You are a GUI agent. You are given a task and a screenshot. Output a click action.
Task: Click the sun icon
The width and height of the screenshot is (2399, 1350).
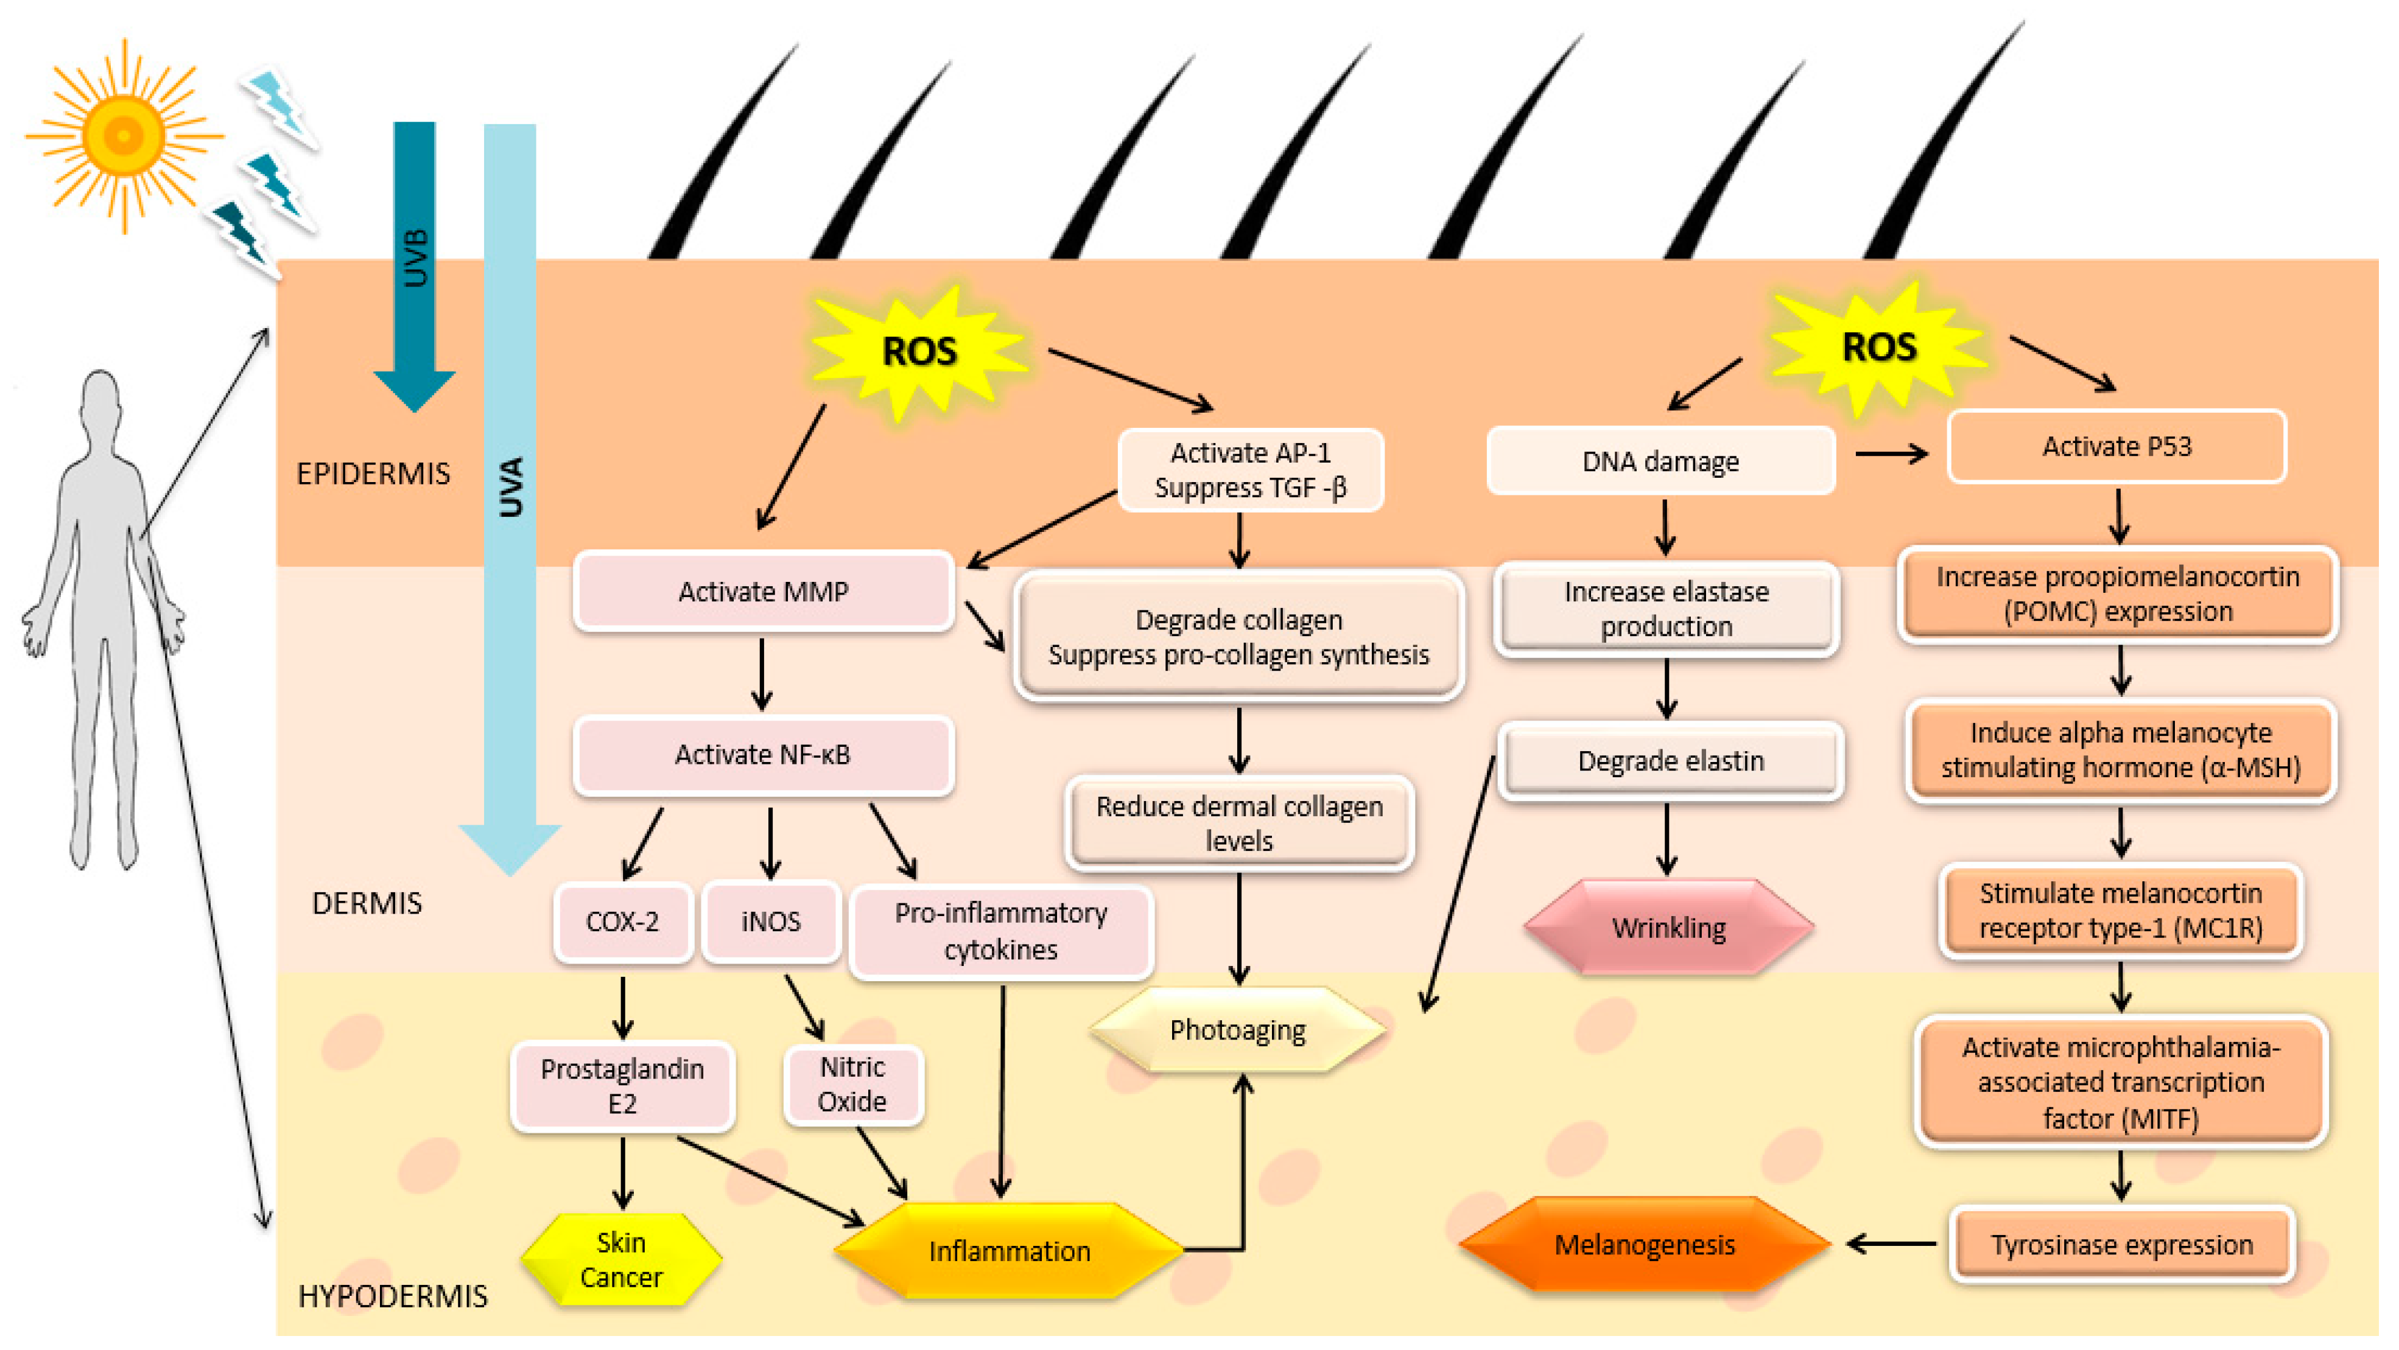tap(123, 135)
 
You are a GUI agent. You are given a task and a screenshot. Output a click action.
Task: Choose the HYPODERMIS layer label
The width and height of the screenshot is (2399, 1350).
tap(392, 1296)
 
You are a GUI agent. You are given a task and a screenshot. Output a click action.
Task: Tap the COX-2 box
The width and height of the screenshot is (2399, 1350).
tap(622, 922)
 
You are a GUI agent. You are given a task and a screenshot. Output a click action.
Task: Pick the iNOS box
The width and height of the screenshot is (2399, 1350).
tap(770, 922)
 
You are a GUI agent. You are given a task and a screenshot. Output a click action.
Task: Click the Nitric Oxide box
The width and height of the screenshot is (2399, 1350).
tap(852, 1085)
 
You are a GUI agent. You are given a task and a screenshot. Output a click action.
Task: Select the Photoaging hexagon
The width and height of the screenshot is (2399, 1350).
tap(1238, 1030)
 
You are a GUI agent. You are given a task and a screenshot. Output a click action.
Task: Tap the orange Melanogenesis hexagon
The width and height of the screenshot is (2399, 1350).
tap(1645, 1245)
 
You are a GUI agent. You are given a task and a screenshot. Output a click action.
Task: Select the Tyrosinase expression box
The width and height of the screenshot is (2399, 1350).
tap(2121, 1245)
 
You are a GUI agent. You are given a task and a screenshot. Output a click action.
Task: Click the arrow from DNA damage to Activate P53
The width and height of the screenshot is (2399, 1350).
tap(1891, 454)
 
